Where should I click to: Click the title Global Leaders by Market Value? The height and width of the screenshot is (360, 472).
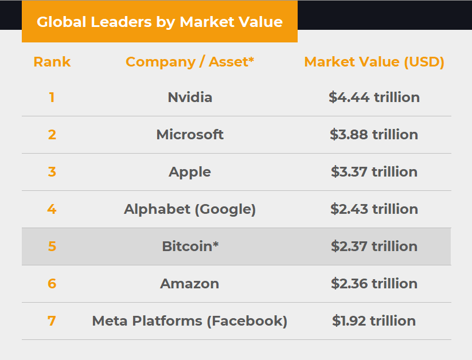point(159,22)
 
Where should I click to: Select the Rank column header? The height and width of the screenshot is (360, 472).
point(52,62)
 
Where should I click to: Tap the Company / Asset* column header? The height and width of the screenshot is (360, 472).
point(190,62)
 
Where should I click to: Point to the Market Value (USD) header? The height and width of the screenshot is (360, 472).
point(374,62)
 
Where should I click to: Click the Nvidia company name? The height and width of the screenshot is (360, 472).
point(190,97)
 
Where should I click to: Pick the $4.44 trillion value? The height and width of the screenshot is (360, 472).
point(374,97)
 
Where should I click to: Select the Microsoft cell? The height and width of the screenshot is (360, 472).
point(190,135)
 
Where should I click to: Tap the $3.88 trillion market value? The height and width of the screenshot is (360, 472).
point(374,135)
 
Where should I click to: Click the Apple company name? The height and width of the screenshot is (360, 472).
point(190,172)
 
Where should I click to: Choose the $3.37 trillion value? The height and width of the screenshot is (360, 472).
point(374,172)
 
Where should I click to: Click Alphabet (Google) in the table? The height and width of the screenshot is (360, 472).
point(190,209)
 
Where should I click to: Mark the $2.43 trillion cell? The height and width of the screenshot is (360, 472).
point(374,209)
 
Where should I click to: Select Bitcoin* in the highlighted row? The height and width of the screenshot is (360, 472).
point(190,246)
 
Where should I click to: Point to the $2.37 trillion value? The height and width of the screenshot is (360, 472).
point(374,246)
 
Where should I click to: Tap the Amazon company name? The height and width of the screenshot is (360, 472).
point(190,284)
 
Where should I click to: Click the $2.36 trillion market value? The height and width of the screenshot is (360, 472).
point(374,284)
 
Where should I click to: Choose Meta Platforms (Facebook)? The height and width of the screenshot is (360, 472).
point(190,321)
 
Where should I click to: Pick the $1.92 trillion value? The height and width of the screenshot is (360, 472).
point(374,321)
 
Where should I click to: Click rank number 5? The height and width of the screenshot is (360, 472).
point(52,246)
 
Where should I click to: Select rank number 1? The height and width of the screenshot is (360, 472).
point(52,97)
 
